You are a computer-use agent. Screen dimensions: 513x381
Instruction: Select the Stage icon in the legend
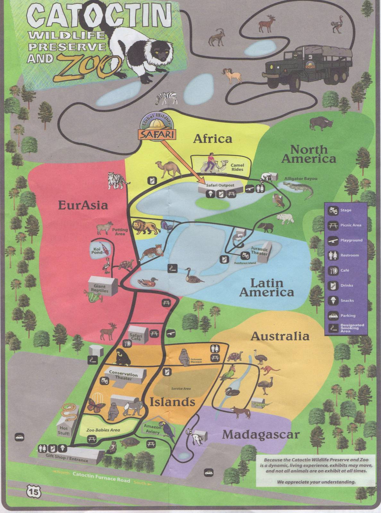click(x=332, y=211)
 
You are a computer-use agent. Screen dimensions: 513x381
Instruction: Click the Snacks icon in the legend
click(x=332, y=300)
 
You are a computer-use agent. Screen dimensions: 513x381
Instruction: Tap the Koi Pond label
click(x=97, y=250)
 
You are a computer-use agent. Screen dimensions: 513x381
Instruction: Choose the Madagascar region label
click(x=260, y=435)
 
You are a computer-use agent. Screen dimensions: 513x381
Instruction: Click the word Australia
click(x=280, y=336)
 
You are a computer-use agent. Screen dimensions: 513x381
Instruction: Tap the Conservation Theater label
click(x=123, y=376)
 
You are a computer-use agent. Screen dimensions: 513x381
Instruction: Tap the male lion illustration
click(x=146, y=227)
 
